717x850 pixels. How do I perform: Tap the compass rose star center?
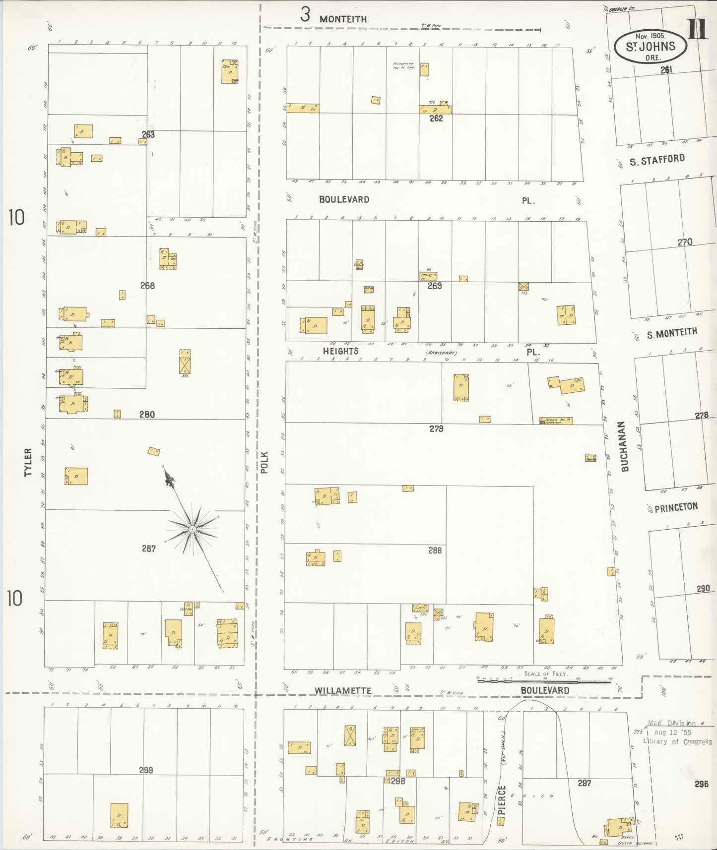tap(192, 529)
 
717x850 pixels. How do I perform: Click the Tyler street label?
tap(28, 462)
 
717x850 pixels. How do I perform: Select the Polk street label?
tap(264, 462)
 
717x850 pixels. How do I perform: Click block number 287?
tap(148, 548)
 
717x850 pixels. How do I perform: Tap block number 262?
tap(436, 119)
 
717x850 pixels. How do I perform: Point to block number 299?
tap(146, 770)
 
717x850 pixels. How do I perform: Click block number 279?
tap(436, 428)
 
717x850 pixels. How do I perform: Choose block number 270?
tap(685, 243)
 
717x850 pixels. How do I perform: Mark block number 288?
tap(435, 550)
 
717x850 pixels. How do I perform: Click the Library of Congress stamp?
tap(678, 732)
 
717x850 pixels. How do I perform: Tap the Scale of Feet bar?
tap(544, 681)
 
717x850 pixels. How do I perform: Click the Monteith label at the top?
tap(343, 19)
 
